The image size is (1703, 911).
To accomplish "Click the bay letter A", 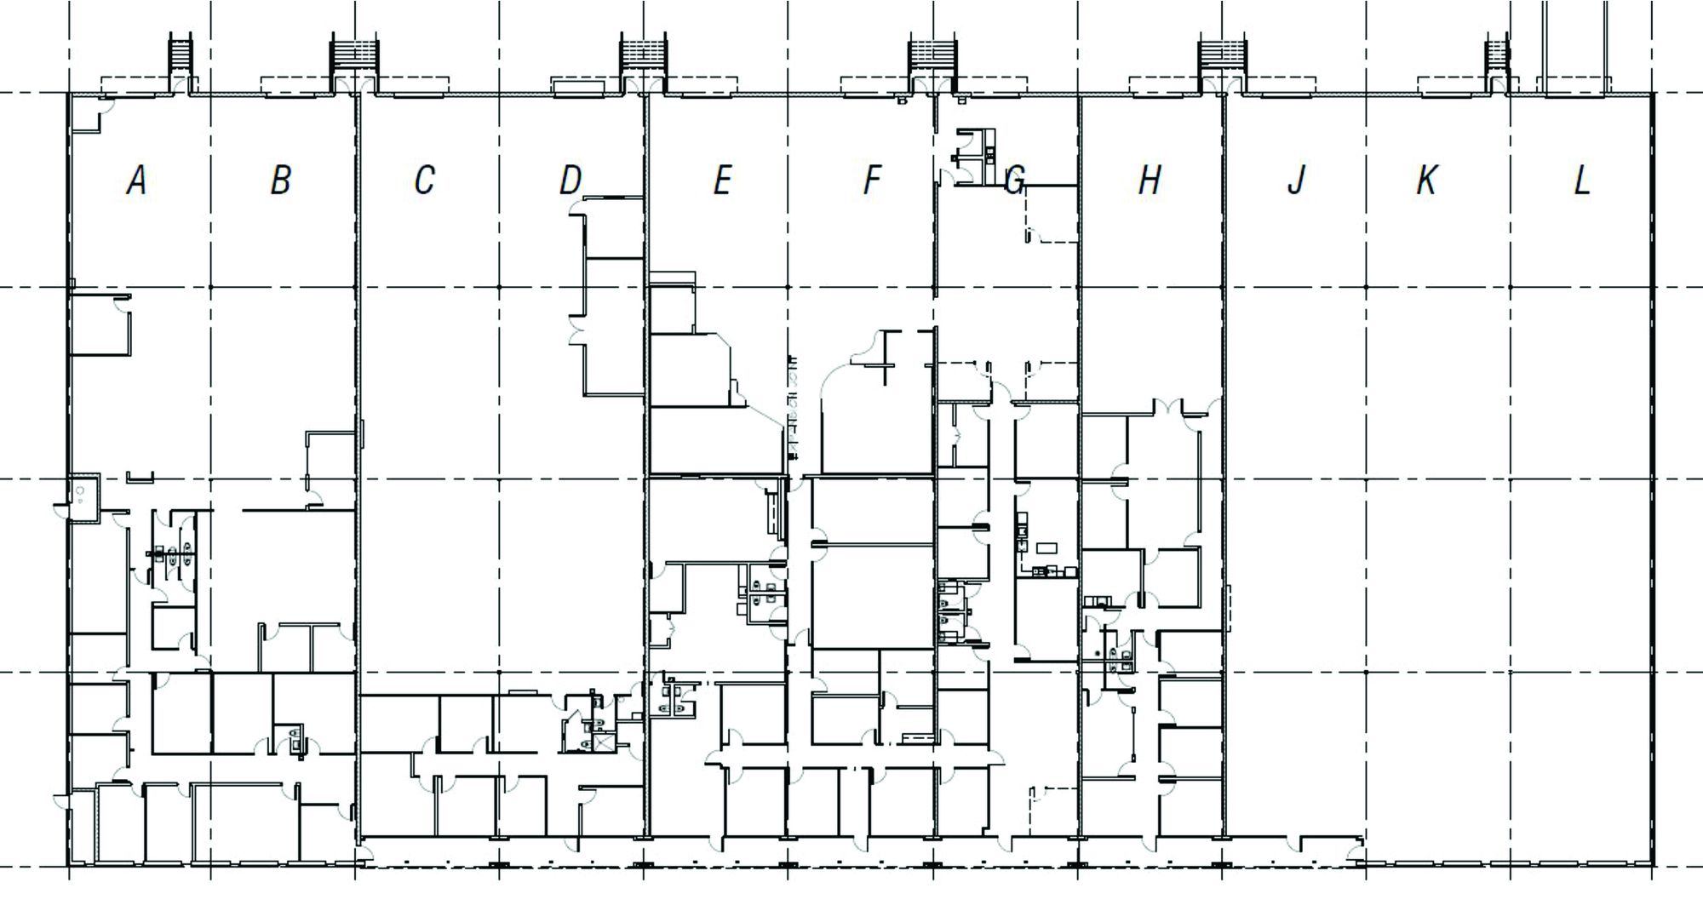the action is click(136, 180).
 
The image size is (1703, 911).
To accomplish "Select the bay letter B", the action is click(281, 180).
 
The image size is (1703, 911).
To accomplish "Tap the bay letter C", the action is click(424, 180).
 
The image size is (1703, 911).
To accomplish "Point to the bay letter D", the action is click(571, 180).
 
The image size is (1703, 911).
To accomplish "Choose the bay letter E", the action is click(722, 180).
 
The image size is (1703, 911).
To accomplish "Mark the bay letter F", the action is click(871, 180).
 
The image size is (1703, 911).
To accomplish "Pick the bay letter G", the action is click(1014, 180).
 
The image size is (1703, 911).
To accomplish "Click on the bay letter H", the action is click(1150, 180).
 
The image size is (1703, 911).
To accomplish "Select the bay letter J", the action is click(1296, 180).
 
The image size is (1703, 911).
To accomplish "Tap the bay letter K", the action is click(1427, 180).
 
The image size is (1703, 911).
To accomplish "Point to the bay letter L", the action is click(1581, 180).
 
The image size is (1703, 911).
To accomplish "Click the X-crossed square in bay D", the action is click(604, 742).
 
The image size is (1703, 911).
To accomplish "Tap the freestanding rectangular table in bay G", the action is click(1046, 547).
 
